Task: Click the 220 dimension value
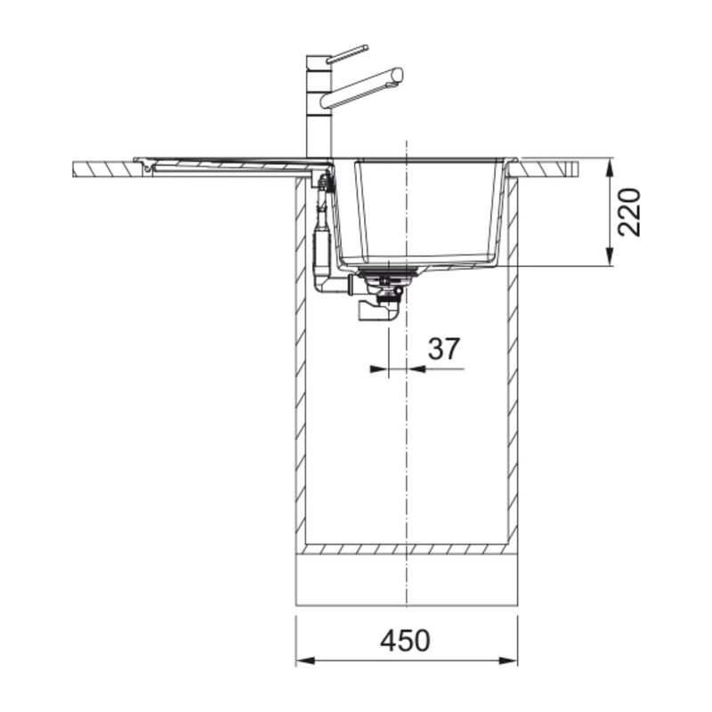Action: (x=630, y=212)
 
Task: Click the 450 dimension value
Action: (x=405, y=641)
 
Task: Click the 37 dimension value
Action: (x=443, y=348)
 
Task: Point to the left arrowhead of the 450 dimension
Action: (x=305, y=660)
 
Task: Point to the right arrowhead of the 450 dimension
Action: (x=508, y=660)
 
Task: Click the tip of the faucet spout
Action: (x=398, y=74)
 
